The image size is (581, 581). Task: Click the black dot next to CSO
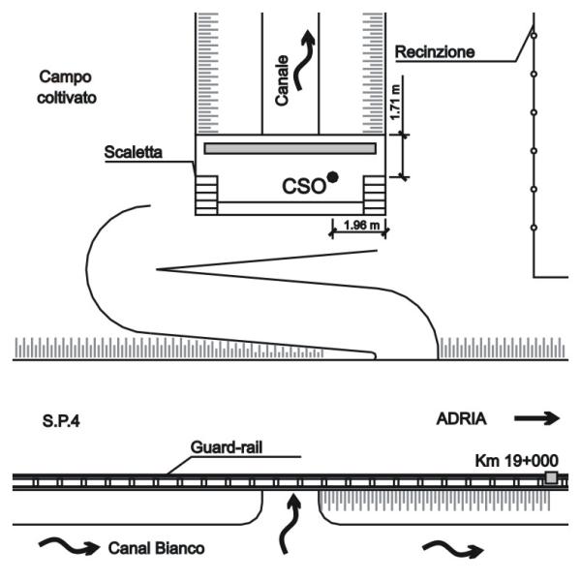[333, 176]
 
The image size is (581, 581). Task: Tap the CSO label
[303, 183]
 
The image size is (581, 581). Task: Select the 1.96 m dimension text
[359, 228]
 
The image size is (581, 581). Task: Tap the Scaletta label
[134, 152]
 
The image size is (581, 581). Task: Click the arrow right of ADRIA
[537, 419]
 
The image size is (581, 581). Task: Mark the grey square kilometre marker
[551, 477]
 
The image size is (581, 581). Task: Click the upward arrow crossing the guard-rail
[290, 523]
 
